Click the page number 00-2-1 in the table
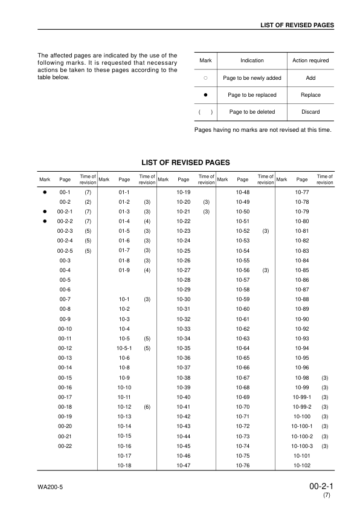pos(65,212)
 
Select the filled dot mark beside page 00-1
pos(45,191)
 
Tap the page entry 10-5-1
pos(124,349)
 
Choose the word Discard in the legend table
pos(310,112)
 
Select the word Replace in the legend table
pos(310,95)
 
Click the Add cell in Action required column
pos(310,78)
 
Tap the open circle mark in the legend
pos(205,78)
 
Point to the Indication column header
pos(252,60)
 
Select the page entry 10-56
pos(243,270)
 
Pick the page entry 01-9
pos(124,270)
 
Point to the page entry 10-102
pos(302,465)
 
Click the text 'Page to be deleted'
pos(252,112)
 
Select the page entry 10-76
pos(243,465)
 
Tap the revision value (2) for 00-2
pos(88,202)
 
